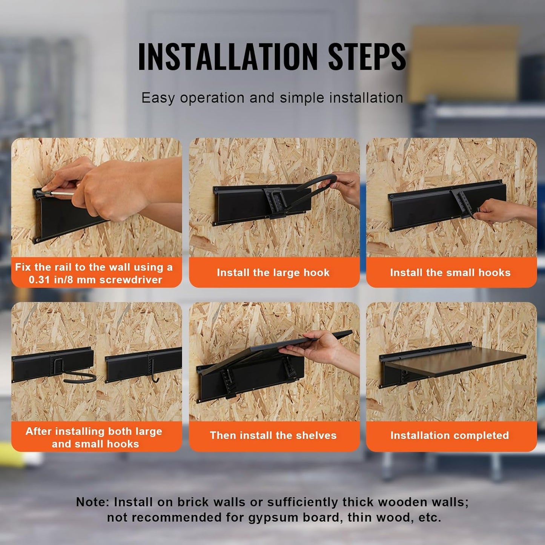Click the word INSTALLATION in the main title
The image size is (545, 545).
(x=228, y=57)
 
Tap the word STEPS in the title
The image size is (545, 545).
(x=367, y=57)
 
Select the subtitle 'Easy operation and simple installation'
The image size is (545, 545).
(x=272, y=98)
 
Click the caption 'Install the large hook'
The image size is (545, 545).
(x=273, y=272)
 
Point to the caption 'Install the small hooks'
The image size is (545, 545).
(x=450, y=272)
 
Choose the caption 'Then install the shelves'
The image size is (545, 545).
(x=273, y=435)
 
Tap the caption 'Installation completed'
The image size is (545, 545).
(x=450, y=435)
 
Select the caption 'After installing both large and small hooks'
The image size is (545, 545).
(x=94, y=437)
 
